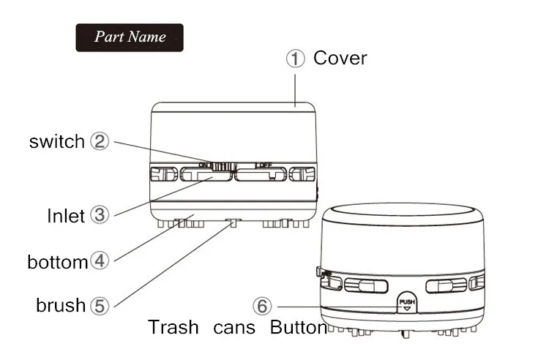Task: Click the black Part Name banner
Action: coord(130,37)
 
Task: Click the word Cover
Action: coord(340,59)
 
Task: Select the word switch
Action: coord(57,142)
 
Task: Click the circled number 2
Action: coord(100,141)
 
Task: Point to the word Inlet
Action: coord(67,216)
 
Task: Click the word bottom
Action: coord(57,262)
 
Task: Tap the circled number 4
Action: coord(100,260)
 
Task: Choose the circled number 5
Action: coord(100,304)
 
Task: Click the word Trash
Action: coord(173,327)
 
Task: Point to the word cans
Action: coord(234,327)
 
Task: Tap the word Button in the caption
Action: coord(298,327)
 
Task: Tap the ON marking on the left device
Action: coord(204,165)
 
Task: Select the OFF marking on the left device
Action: coord(263,165)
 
